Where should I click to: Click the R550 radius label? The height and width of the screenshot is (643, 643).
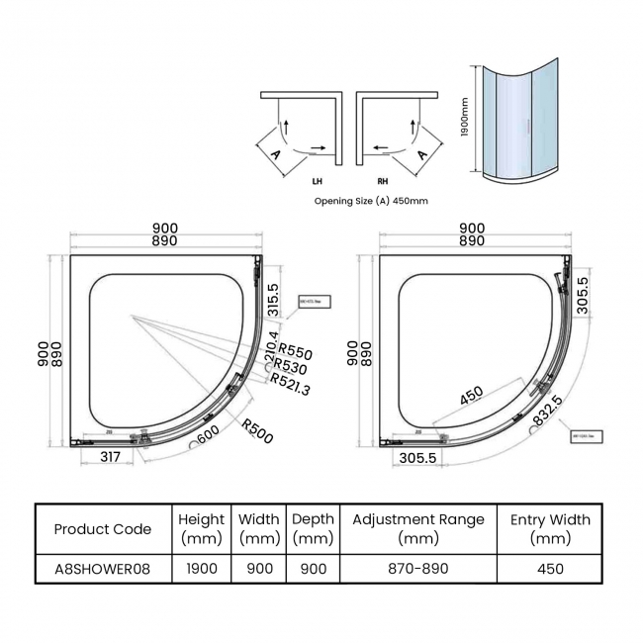295,349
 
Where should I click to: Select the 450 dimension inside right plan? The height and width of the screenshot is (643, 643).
472,395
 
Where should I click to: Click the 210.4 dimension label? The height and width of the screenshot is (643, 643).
271,348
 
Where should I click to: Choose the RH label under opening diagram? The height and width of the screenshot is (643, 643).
382,182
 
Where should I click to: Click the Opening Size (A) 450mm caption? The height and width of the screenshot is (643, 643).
371,200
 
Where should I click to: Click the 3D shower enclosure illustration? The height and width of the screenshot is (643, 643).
520,125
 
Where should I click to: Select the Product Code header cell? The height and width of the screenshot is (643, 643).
103,529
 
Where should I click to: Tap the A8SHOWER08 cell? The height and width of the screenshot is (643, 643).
103,569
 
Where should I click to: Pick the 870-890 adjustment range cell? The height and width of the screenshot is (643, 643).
418,569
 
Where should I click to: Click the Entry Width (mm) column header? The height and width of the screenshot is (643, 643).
550,529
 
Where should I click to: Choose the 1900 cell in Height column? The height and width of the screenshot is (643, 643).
202,569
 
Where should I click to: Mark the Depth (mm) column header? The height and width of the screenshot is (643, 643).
313,529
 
